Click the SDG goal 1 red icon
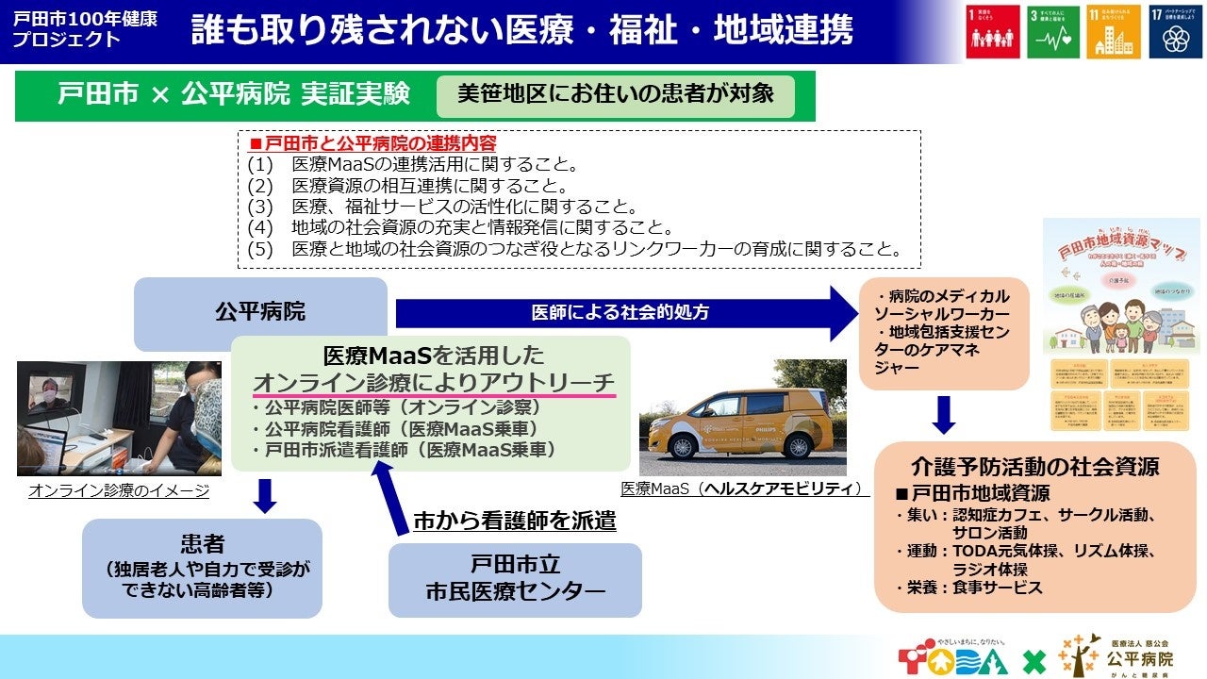(993, 31)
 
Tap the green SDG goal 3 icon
(1053, 31)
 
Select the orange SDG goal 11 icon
(1114, 31)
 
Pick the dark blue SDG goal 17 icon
(1175, 31)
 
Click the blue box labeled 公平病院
(260, 310)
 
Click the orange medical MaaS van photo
(743, 418)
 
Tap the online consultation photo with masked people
(119, 418)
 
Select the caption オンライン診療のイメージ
(119, 490)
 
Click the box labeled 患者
(202, 567)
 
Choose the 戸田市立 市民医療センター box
(515, 579)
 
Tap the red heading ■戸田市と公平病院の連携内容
(372, 144)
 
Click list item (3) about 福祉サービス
(443, 207)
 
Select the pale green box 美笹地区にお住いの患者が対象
(615, 94)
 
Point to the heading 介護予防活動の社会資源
(1034, 466)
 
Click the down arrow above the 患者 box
(265, 496)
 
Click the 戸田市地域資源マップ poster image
(1119, 325)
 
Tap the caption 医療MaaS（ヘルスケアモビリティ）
(743, 489)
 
